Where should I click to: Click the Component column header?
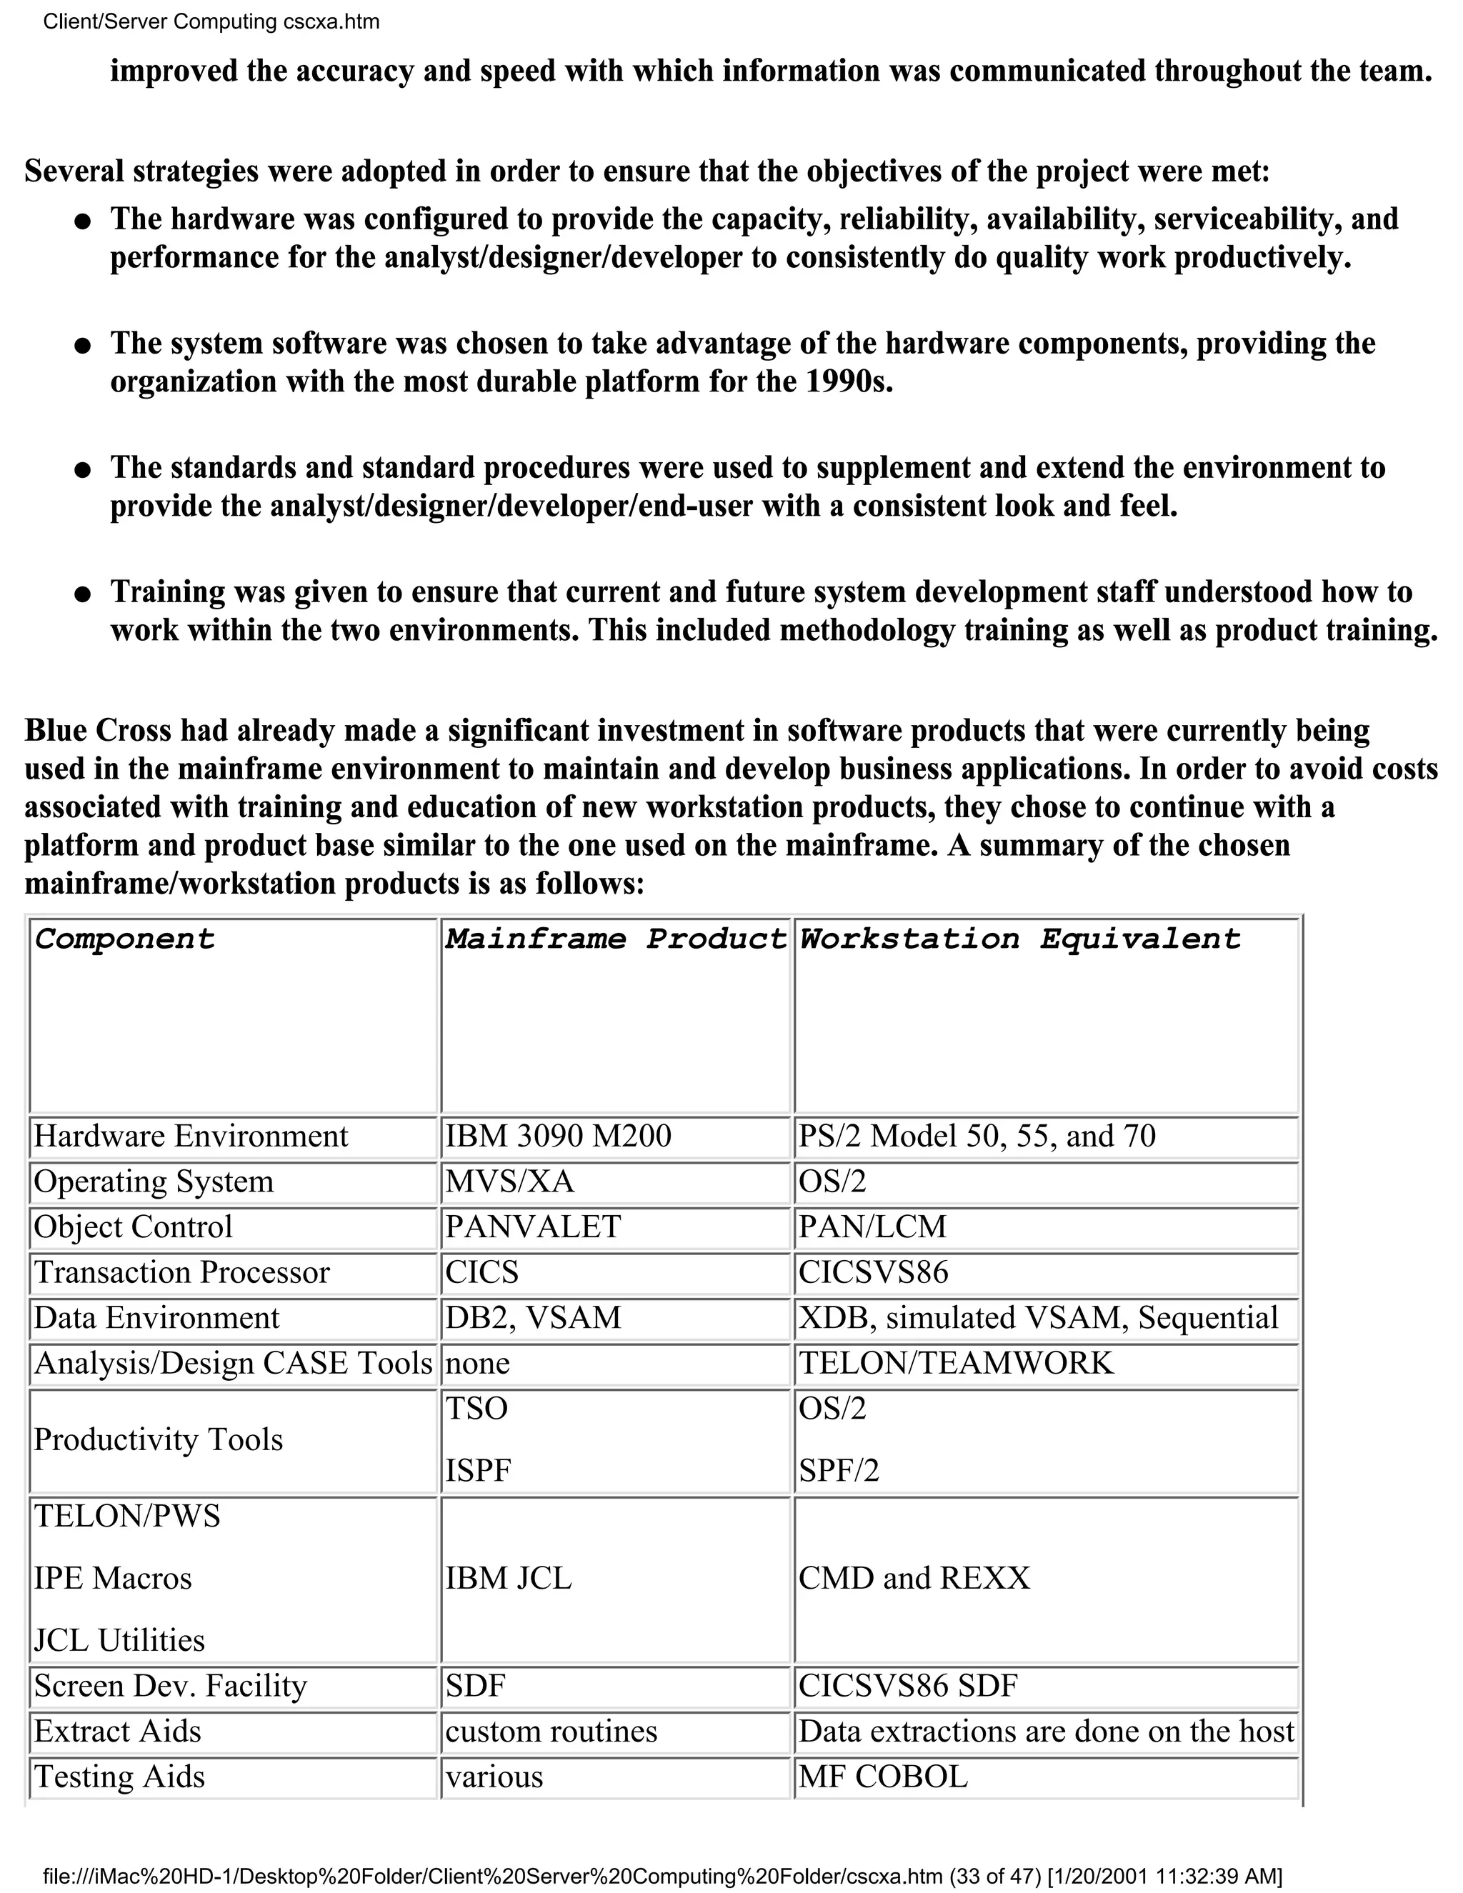[x=125, y=939]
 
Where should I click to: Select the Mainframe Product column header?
[x=615, y=939]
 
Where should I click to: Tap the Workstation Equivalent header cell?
[x=1019, y=939]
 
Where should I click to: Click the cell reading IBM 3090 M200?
[x=558, y=1137]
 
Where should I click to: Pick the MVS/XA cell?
[x=509, y=1182]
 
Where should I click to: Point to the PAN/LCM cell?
[x=872, y=1227]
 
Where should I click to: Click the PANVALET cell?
[x=533, y=1227]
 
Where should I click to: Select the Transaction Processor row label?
[x=182, y=1272]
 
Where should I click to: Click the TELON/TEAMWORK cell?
[x=955, y=1362]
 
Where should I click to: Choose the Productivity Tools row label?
[x=159, y=1439]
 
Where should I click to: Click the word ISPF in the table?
[x=479, y=1470]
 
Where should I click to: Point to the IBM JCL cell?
[x=509, y=1577]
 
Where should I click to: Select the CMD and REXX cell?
[x=914, y=1577]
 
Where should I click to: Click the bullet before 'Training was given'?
[x=82, y=594]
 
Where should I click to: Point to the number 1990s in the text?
[x=849, y=381]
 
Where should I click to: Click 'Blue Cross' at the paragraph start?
[x=98, y=730]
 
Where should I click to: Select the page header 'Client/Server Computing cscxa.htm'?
[x=211, y=21]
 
